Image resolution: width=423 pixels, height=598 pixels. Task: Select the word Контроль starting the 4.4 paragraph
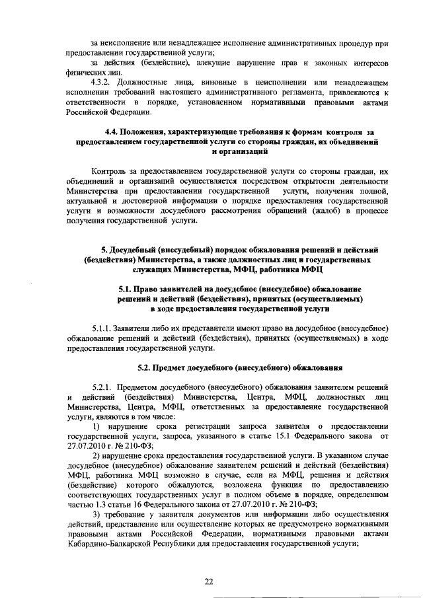coord(114,171)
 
